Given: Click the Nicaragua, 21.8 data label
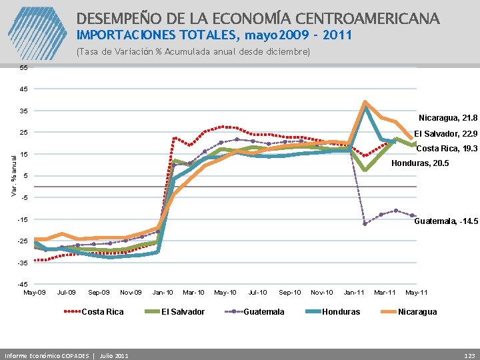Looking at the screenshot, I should coord(448,117).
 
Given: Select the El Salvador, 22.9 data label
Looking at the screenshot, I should coord(446,133).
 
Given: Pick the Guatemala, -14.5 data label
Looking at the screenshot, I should coord(446,221).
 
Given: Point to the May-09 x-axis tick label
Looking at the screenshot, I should coord(35,293).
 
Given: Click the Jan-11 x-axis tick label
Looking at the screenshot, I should coord(354,293).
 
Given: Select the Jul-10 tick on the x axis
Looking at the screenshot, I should coord(258,293).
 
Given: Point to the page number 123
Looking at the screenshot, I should coord(469,354).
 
